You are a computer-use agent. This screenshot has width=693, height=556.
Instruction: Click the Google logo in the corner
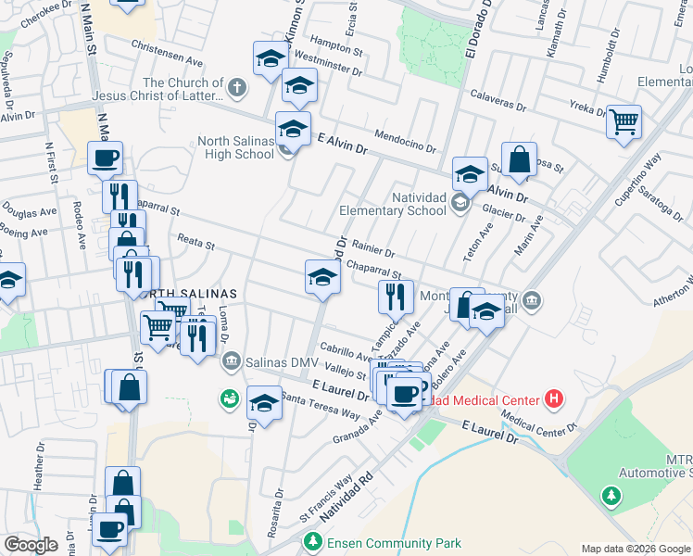31,544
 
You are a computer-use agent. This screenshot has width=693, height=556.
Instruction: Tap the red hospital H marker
554,399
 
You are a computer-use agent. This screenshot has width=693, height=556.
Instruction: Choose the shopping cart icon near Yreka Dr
624,120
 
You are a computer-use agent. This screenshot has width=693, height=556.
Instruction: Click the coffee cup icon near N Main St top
105,157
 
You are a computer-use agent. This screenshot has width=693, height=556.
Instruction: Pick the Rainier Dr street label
372,250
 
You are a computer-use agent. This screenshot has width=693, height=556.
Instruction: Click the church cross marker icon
238,89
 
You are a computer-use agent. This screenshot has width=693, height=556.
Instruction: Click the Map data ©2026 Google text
635,549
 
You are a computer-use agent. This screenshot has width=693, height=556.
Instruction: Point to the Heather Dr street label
39,471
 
